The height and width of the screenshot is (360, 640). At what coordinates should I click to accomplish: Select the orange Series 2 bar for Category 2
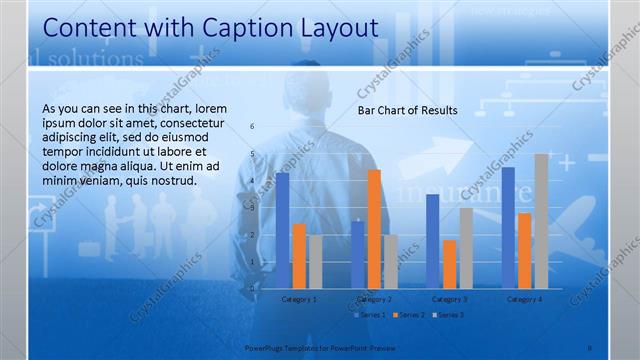pyautogui.click(x=374, y=228)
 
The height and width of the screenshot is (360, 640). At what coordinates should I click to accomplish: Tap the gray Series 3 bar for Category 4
pyautogui.click(x=541, y=221)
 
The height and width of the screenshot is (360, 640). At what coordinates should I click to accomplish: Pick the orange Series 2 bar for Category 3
pyautogui.click(x=449, y=264)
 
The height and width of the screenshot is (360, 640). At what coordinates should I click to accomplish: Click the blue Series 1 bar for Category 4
pyautogui.click(x=509, y=227)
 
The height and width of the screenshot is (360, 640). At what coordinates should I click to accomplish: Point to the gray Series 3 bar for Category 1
pyautogui.click(x=315, y=262)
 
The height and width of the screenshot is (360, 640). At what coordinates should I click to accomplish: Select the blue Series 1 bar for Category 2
pyautogui.click(x=358, y=254)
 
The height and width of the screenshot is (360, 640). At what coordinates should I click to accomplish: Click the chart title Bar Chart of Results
pyautogui.click(x=407, y=110)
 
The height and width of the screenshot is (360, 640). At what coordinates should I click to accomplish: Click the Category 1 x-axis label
pyautogui.click(x=299, y=298)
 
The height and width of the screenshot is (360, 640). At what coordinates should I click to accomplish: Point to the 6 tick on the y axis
pyautogui.click(x=252, y=126)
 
